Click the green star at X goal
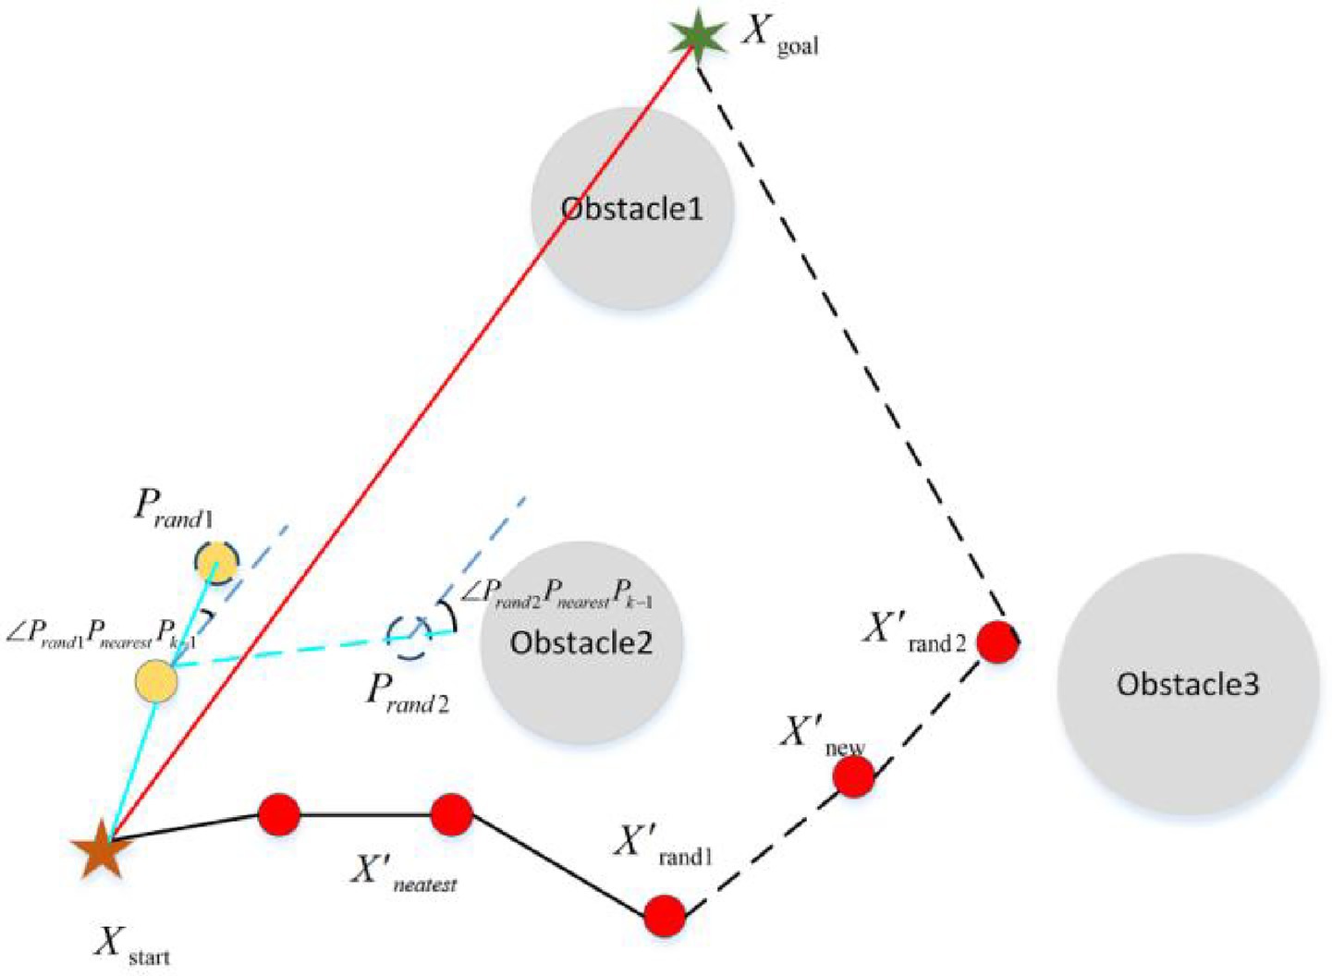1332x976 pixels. point(695,37)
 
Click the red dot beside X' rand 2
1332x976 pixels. point(997,641)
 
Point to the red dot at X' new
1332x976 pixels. point(853,777)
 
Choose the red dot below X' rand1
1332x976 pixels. point(664,916)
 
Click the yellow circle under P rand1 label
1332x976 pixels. point(216,561)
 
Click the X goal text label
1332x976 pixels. point(781,37)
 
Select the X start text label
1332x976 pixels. point(132,945)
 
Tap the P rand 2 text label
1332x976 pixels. point(407,693)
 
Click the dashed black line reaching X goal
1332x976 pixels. point(850,342)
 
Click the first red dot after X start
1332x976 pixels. point(278,814)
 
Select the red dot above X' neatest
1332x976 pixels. point(452,814)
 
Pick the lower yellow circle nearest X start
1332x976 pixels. point(156,681)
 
